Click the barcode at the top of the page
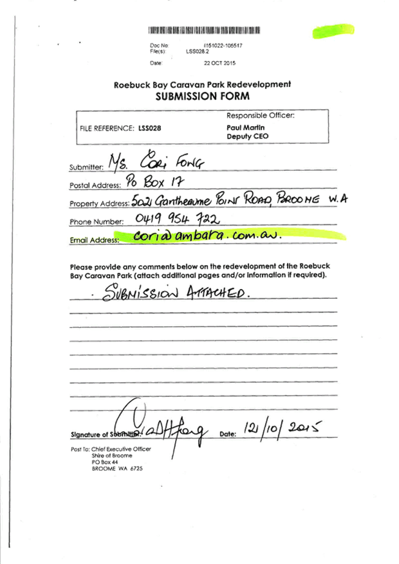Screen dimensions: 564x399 [204, 30]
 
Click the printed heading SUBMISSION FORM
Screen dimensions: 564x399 [203, 97]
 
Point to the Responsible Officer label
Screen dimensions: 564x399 [261, 115]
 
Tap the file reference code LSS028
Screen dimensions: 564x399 [151, 128]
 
